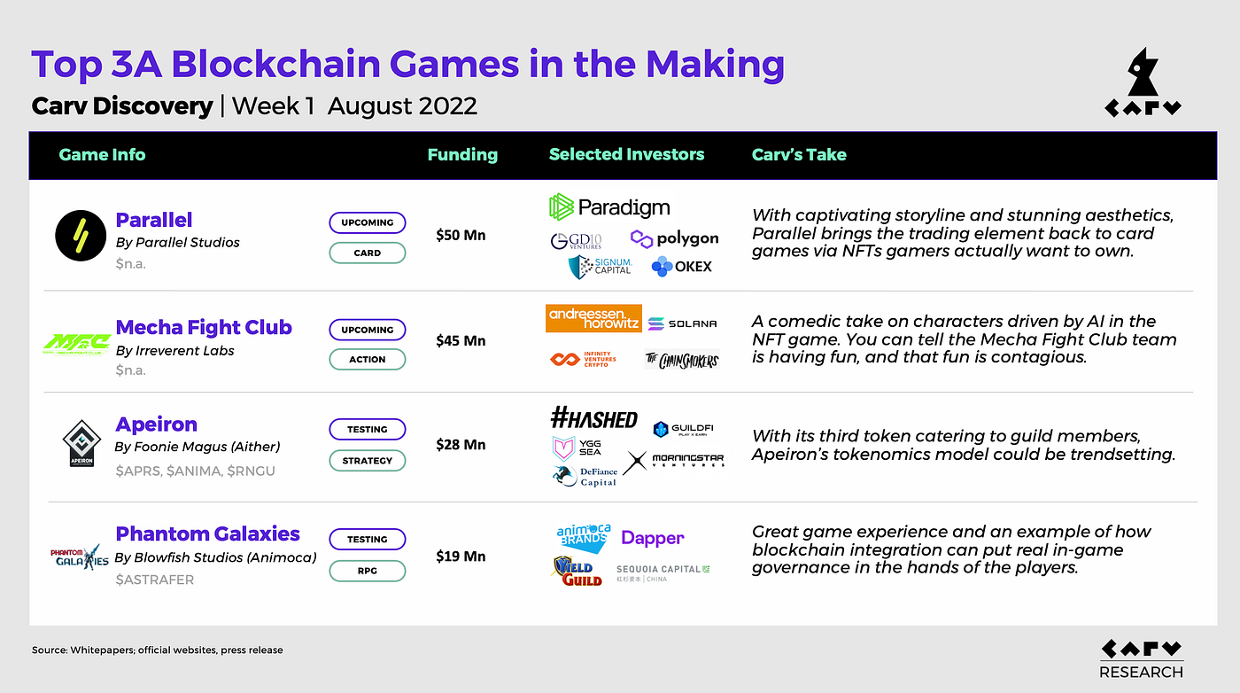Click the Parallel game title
(154, 220)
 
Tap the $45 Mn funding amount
(461, 340)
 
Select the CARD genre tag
(367, 253)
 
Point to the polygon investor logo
(675, 238)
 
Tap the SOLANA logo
(682, 324)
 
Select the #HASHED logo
(593, 419)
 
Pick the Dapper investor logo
(652, 538)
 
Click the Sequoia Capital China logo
(663, 573)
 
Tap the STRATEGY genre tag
(367, 461)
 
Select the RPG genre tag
(367, 571)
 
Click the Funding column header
(462, 154)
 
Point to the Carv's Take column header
(799, 154)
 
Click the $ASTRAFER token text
(155, 580)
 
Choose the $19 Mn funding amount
(461, 557)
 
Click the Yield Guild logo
(577, 570)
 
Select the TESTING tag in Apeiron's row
(367, 429)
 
